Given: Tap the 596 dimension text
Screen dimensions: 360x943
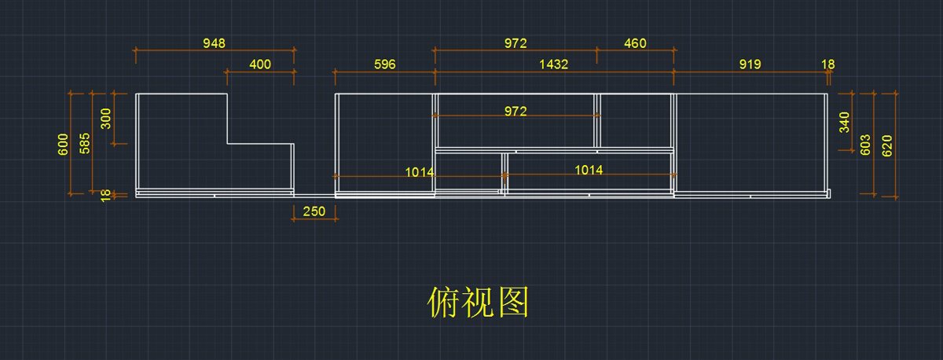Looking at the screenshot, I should pyautogui.click(x=384, y=64).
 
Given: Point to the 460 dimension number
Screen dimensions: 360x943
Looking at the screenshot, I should pyautogui.click(x=635, y=43).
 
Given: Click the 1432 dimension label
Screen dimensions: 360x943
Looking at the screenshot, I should pyautogui.click(x=553, y=64).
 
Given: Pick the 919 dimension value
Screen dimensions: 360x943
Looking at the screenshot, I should pyautogui.click(x=750, y=64).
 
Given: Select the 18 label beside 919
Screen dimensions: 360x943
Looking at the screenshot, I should pyautogui.click(x=828, y=64).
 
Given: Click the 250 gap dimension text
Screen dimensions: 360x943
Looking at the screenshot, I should pyautogui.click(x=314, y=211).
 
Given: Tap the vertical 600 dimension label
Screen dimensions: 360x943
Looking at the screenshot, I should pyautogui.click(x=64, y=145).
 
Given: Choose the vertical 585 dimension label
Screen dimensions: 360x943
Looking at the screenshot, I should pyautogui.click(x=86, y=141).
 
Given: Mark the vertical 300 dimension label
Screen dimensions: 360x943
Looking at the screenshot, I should pyautogui.click(x=107, y=119).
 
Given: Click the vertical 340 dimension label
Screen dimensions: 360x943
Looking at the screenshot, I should pyautogui.click(x=845, y=123).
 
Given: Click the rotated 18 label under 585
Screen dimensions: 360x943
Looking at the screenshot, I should pyautogui.click(x=107, y=195).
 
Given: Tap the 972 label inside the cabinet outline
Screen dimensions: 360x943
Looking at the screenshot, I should pyautogui.click(x=516, y=112).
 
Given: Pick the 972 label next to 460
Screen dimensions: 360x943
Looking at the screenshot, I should pyautogui.click(x=516, y=43).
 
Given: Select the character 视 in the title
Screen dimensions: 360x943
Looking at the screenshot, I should pyautogui.click(x=478, y=302).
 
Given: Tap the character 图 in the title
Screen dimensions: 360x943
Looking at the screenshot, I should pyautogui.click(x=512, y=302).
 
